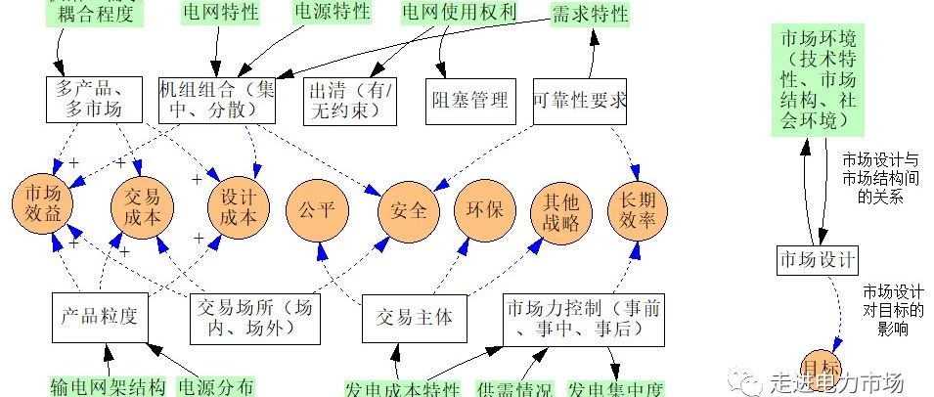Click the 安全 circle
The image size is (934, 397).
(408, 209)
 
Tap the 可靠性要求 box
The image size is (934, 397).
(581, 99)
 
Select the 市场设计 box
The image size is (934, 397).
(818, 260)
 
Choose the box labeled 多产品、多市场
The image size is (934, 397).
(95, 99)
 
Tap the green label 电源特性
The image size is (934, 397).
(333, 12)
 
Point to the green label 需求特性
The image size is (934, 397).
(590, 13)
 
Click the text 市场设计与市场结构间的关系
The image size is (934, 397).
(879, 176)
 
